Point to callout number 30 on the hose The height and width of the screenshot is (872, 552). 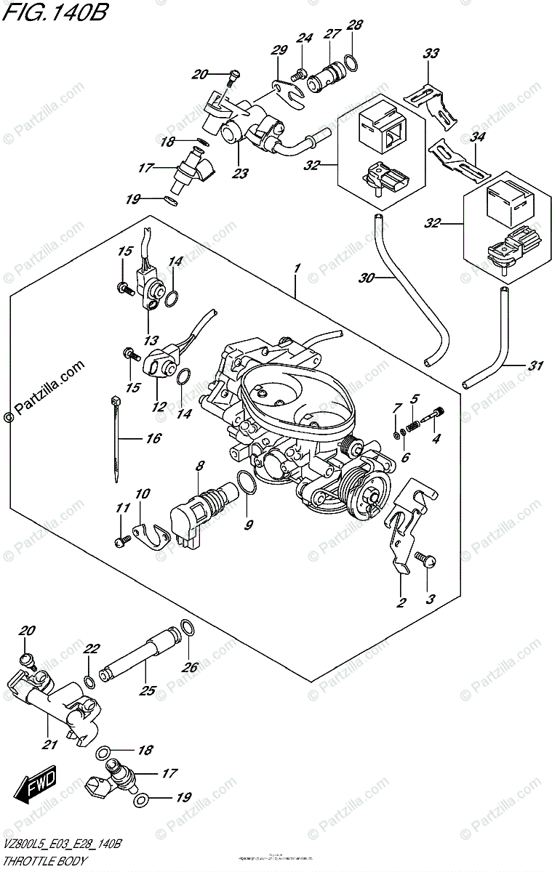point(367,277)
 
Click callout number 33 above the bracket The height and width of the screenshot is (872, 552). point(431,54)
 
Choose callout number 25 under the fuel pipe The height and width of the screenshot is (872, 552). point(148,690)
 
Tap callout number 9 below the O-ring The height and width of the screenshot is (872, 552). point(249,523)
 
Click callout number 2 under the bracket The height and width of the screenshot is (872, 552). point(401,602)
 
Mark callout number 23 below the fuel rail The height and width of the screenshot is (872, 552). point(240,173)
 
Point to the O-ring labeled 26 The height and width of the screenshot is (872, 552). point(187,627)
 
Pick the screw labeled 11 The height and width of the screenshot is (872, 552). point(123,539)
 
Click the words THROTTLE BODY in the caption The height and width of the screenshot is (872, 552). point(44,861)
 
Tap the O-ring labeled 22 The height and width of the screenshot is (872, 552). point(89,682)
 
